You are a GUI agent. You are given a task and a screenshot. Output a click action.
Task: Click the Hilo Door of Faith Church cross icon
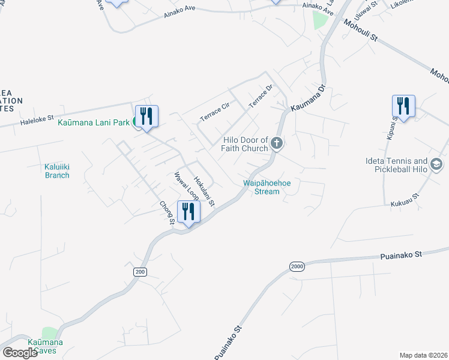coord(277,143)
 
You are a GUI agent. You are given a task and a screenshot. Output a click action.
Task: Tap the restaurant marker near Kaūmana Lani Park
coord(146,115)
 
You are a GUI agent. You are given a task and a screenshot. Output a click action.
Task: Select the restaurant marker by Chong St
coord(188,211)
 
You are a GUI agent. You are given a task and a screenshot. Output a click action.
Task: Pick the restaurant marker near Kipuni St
coord(403,106)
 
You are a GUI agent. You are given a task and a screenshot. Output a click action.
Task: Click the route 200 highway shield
coord(140,272)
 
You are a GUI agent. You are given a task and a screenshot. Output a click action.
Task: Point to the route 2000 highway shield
coord(297,266)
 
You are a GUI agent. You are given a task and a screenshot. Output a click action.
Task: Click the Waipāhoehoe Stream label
coord(262,187)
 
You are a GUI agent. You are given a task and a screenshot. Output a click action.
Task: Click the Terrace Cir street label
coord(215,112)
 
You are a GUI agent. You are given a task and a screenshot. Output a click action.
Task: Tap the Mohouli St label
coord(360,30)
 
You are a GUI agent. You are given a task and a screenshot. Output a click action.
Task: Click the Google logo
coord(20,353)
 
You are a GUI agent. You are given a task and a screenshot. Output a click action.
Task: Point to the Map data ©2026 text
coord(423,355)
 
